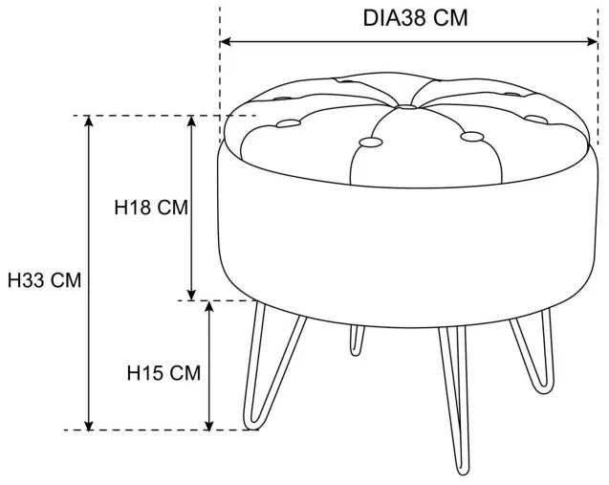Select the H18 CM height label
tap(149, 207)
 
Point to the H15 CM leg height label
tap(163, 373)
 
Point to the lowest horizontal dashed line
tap(163, 430)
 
